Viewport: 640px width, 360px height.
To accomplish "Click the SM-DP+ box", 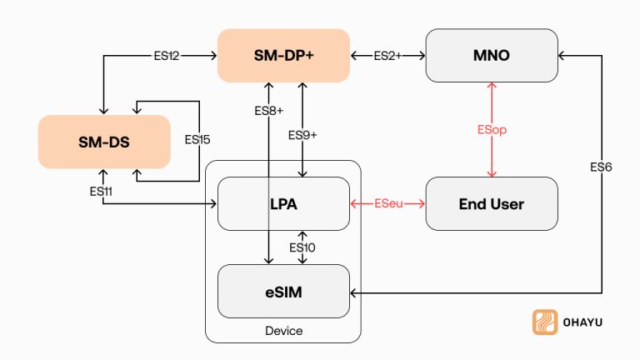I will [283, 55].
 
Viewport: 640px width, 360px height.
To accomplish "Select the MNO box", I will [492, 55].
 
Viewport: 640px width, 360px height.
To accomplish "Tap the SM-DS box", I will [104, 142].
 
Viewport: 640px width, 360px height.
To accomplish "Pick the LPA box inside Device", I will [283, 203].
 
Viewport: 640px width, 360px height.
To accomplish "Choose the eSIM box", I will [283, 291].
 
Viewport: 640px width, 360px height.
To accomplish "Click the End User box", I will [492, 203].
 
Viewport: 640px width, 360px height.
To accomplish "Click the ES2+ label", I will [387, 55].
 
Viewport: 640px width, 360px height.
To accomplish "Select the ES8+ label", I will [269, 110].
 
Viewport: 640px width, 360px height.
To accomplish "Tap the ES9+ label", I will [302, 135].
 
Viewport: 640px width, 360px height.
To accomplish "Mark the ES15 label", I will [197, 139].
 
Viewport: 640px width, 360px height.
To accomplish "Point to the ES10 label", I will [302, 247].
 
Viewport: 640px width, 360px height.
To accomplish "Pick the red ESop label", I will [492, 130].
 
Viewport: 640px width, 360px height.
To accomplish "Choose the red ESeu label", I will [387, 203].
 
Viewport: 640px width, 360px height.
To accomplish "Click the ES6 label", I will [600, 167].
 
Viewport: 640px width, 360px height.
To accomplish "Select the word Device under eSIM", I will [283, 331].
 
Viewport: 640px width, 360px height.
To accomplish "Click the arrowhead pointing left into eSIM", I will [354, 292].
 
